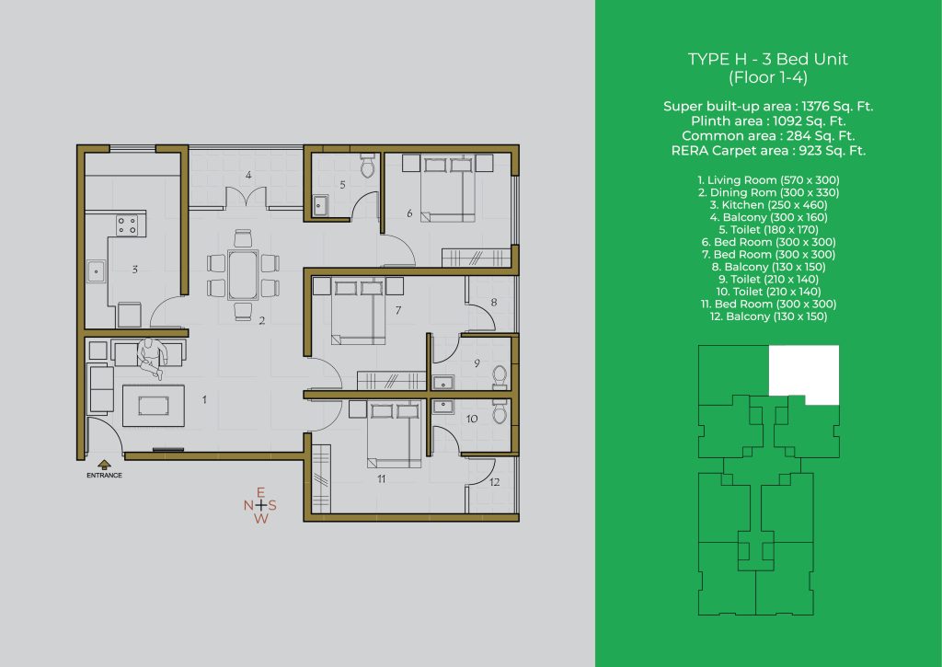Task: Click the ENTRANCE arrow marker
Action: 104,464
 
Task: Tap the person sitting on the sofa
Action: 151,358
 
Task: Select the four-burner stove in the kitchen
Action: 127,225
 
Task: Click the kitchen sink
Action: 96,271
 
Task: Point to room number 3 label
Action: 134,270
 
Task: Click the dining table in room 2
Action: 243,274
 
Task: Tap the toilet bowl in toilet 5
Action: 368,166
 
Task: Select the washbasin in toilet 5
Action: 319,205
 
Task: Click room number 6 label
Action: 409,213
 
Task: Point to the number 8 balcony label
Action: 494,303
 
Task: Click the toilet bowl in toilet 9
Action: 500,377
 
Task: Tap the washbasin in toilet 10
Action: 443,406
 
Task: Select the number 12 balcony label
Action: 494,481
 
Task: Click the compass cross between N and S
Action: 260,505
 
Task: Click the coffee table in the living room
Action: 154,406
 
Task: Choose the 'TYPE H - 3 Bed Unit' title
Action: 768,59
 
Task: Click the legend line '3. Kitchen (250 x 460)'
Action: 768,205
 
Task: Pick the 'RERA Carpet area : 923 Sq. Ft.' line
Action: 768,150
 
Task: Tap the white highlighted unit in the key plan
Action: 804,373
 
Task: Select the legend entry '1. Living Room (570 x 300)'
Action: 768,179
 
